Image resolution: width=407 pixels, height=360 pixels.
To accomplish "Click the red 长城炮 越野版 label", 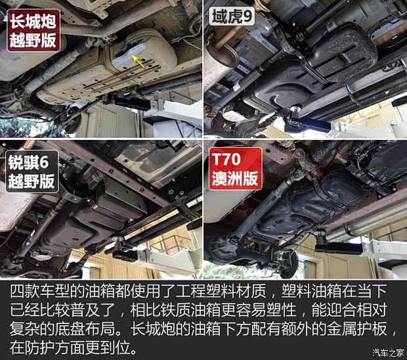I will tap(32, 30).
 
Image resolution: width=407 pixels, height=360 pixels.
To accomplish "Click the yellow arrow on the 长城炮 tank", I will tap(137, 61).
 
